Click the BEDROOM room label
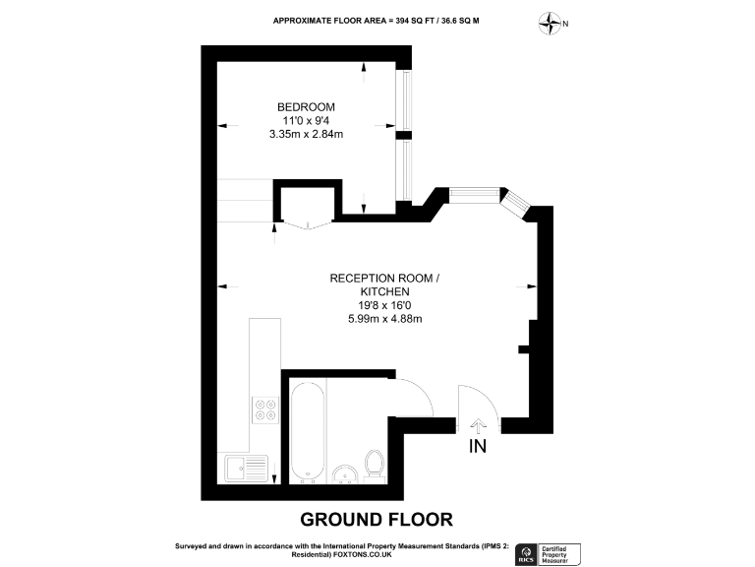(x=306, y=106)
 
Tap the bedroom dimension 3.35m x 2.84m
(x=306, y=135)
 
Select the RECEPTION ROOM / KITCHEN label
(x=384, y=285)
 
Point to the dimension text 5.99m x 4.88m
(x=384, y=318)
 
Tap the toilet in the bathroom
(x=375, y=465)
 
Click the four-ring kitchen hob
(x=264, y=408)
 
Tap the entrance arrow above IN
(x=479, y=424)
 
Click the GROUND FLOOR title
(x=377, y=519)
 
